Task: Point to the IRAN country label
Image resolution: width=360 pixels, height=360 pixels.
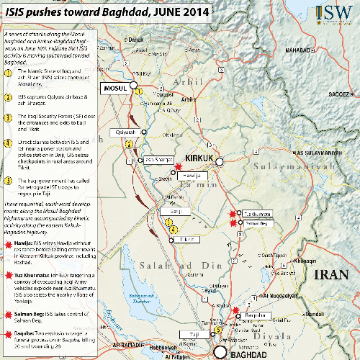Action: tap(335, 271)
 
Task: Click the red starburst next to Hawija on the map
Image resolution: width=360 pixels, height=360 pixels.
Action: tap(179, 167)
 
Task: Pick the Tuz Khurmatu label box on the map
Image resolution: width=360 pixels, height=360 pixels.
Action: tap(256, 214)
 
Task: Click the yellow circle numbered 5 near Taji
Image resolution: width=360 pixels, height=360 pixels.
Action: tap(219, 329)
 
